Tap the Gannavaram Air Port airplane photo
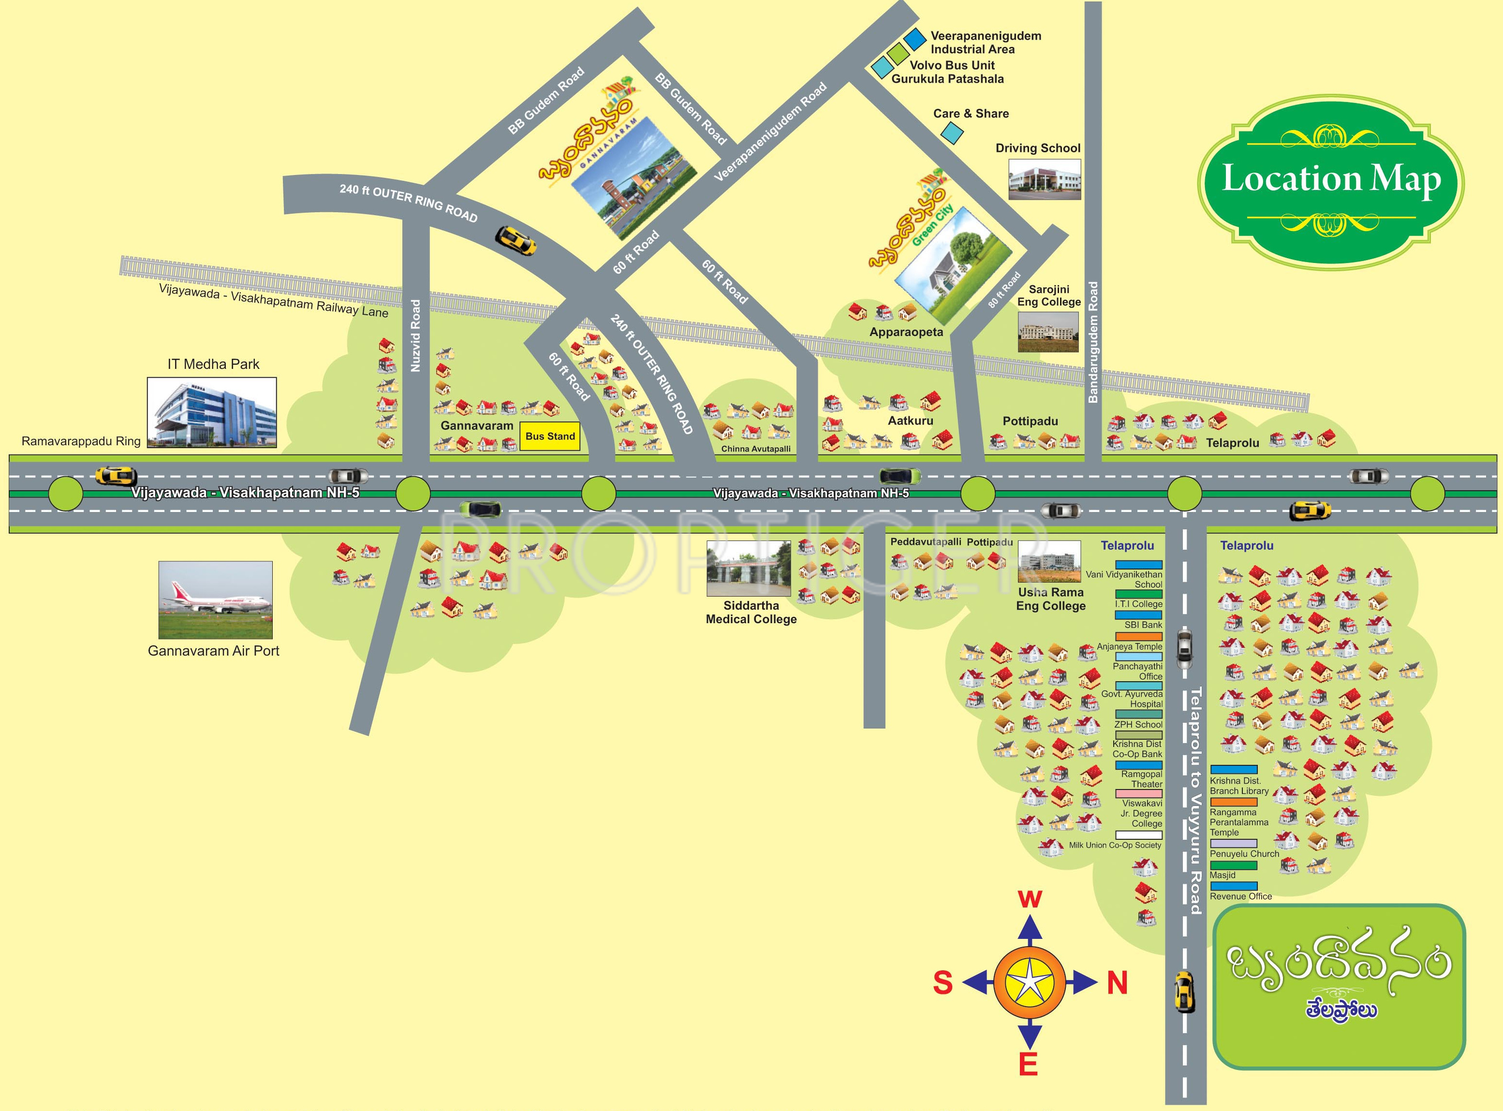pos(215,600)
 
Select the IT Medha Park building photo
pos(212,412)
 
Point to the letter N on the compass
pos(1117,983)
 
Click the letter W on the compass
pos(1030,899)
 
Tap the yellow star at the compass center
pos(1030,982)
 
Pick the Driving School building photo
pos(1044,179)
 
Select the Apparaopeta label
pos(906,332)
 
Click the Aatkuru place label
pos(910,421)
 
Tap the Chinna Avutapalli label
pos(755,449)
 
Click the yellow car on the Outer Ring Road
pos(516,240)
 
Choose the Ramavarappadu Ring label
pos(81,442)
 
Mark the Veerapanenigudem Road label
pos(770,132)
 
